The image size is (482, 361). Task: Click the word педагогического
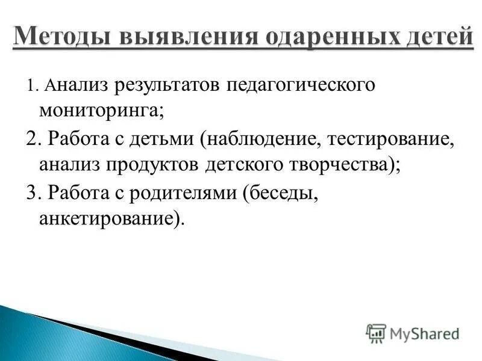(x=301, y=85)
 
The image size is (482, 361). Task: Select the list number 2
(x=32, y=139)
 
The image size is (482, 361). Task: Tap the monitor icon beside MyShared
(x=375, y=333)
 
